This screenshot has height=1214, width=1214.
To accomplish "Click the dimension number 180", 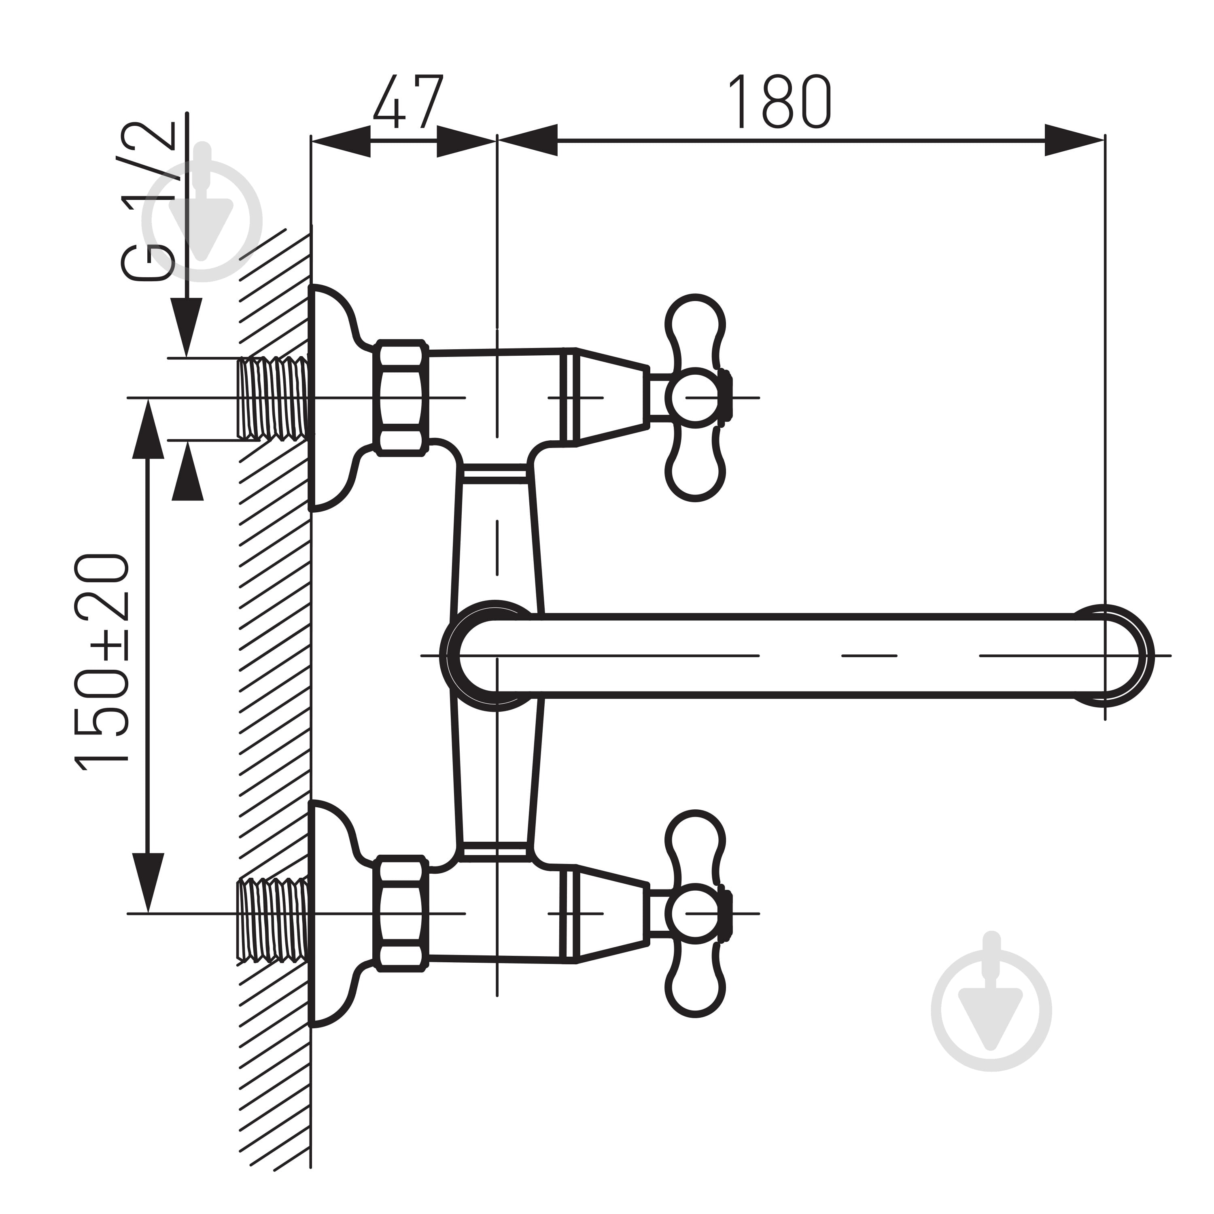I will point(779,102).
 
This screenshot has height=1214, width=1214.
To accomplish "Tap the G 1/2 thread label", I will point(148,201).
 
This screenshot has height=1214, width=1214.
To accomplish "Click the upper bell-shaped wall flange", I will point(333,398).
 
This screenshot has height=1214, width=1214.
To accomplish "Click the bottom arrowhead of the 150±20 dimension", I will point(148,883).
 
